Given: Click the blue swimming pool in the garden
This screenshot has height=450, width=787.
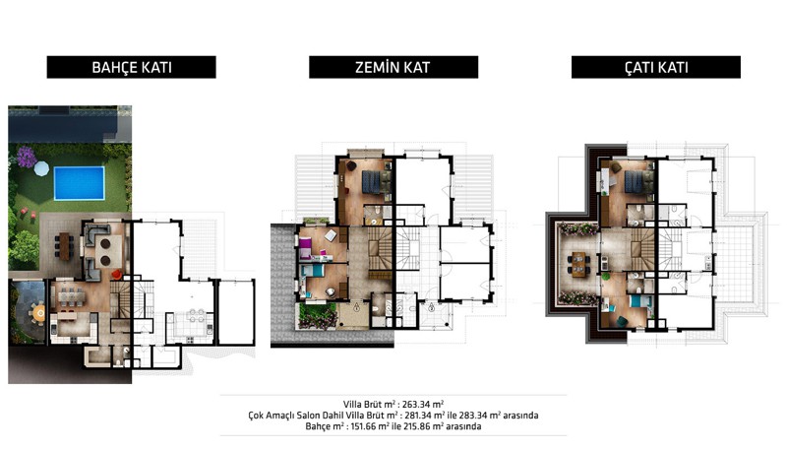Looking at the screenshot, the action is coord(79,183).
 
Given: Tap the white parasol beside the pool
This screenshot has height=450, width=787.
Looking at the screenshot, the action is coord(41,168).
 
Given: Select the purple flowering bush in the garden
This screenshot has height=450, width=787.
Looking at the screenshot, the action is coord(27,157).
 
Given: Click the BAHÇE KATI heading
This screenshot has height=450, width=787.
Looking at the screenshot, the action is coord(132,67).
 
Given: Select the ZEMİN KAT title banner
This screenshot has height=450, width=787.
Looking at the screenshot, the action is coord(393,67).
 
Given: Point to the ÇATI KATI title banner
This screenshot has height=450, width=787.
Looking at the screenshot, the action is coord(656,67).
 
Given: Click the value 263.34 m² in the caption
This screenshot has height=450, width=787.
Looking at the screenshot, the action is coord(423,405).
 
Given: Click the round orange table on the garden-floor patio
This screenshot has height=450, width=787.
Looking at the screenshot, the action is coord(38,313).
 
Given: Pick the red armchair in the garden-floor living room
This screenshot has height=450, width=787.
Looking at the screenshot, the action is coord(116,274).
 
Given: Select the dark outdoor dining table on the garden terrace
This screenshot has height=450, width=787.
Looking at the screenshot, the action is coord(65,246).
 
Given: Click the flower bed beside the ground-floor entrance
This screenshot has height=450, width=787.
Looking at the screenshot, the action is coord(317,316).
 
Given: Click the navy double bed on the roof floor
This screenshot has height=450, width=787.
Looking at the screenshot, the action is coord(635,181).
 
